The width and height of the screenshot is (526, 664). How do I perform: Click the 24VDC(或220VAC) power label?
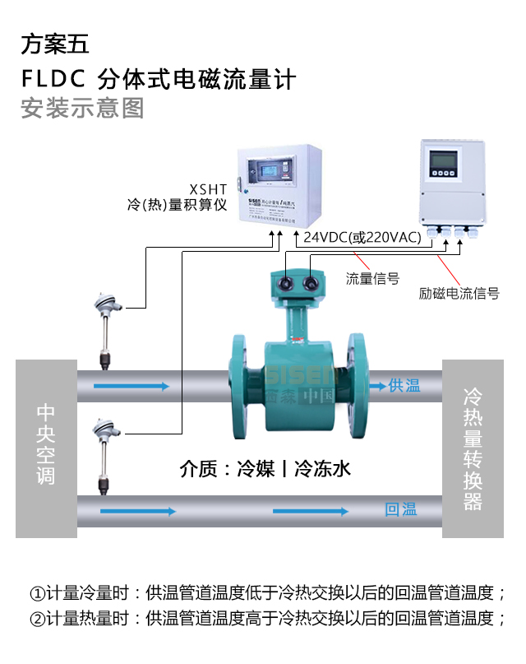click(x=362, y=237)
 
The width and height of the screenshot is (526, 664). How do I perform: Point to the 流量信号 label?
click(x=372, y=279)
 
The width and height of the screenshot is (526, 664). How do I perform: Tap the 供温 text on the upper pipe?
click(x=404, y=385)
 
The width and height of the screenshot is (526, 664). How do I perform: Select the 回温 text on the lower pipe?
click(x=400, y=510)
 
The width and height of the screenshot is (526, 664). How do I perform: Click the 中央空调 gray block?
click(x=45, y=443)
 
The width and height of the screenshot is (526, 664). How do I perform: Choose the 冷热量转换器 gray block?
click(x=473, y=449)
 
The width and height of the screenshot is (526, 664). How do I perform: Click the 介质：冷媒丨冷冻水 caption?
click(x=265, y=469)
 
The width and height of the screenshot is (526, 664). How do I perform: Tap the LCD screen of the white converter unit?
click(x=445, y=156)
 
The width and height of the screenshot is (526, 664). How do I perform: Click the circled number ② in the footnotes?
click(x=37, y=619)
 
